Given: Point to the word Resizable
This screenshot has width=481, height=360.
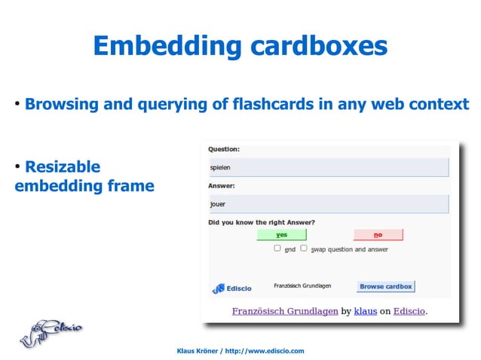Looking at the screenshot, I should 63,166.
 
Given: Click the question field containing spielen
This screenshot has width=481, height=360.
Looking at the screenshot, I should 328,167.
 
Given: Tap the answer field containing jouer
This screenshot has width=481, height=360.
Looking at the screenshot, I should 328,203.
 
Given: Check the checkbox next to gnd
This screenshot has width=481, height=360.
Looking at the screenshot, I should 277,248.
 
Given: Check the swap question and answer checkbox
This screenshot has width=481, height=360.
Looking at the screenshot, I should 304,248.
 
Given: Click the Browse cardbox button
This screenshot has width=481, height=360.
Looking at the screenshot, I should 385,286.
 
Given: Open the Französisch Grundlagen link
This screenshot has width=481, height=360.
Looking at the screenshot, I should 284,310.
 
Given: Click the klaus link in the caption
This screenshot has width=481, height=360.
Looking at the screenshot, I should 366,310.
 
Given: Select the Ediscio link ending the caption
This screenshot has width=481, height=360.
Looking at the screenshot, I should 407,310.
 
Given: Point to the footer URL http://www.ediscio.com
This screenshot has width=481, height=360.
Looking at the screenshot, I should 264,351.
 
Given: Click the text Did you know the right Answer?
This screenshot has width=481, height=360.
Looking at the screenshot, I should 262,222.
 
